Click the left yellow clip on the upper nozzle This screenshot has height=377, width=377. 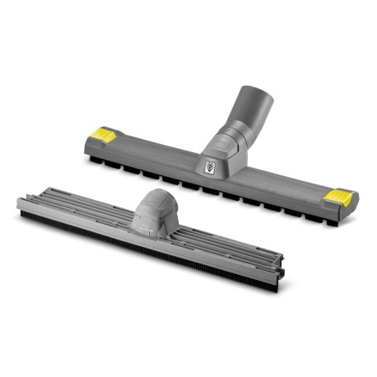tap(104, 132)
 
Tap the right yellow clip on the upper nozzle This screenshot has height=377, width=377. tap(338, 197)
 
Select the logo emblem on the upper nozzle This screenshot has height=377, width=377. tap(210, 166)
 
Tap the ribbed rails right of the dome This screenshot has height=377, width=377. tap(230, 247)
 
